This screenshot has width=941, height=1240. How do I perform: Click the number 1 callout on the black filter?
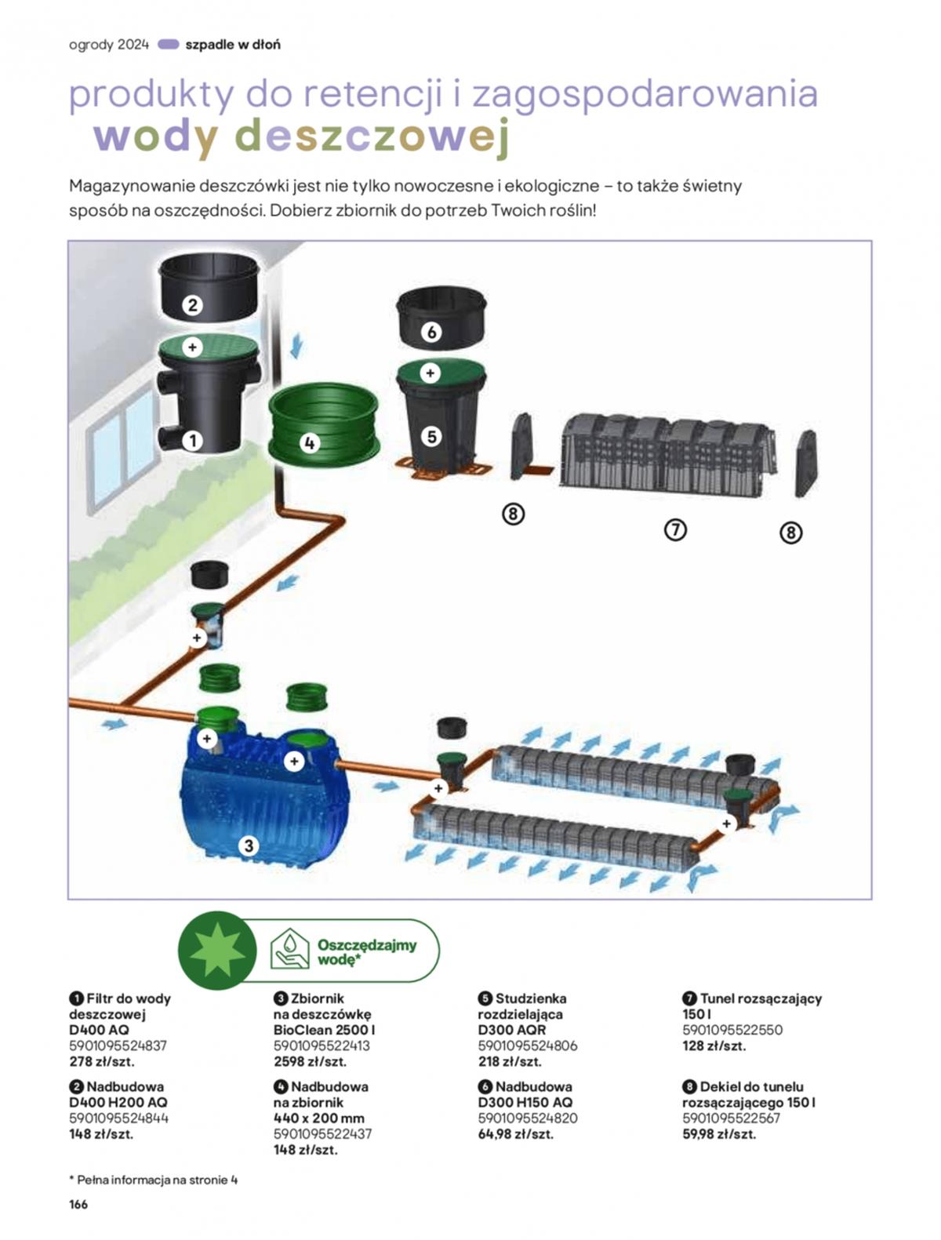pos(192,441)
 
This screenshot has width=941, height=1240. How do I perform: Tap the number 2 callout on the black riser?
pos(192,305)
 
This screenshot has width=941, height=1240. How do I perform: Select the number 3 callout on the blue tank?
pos(249,845)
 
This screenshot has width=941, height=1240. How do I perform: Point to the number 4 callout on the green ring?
pos(309,443)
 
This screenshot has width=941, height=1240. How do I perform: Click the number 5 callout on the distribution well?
pos(431,437)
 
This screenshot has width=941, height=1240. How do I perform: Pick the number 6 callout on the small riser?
pos(431,332)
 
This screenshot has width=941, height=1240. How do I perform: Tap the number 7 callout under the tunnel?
pos(675,530)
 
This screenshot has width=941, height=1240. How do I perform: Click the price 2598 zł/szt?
pos(310,1061)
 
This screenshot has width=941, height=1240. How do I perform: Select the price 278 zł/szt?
pos(102,1061)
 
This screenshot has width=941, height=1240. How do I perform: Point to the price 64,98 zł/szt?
pos(515,1133)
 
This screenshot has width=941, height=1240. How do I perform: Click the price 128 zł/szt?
pos(714,1045)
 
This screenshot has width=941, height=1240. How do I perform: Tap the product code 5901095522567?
pos(731,1118)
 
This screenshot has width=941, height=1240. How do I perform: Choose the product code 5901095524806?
pos(527,1045)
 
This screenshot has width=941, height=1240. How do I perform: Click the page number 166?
pos(78,1204)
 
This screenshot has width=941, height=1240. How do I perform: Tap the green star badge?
pos(217,950)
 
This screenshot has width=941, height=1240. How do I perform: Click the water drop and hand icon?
pos(289,949)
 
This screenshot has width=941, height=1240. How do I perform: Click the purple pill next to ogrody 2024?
pos(168,45)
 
